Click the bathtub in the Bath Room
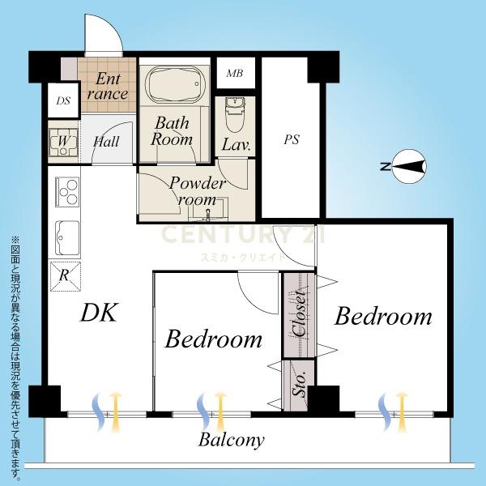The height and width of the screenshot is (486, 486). pos(176,85)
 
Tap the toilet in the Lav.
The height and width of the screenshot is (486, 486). pos(235,115)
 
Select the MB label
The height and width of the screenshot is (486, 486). pos(235,73)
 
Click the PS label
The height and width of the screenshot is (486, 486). pos(292,139)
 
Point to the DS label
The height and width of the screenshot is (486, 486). pos(63,100)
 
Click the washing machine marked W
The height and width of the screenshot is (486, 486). pos(63,142)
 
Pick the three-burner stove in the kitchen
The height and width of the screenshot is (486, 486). pos(67,192)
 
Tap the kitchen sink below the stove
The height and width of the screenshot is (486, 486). pos(67,238)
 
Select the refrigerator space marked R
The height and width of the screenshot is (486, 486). pos(66,276)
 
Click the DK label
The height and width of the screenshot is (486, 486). pos(99,313)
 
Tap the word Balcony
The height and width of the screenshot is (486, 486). pos(231,440)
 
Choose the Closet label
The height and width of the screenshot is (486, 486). pos(300,313)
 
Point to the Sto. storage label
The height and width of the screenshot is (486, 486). pos(300,384)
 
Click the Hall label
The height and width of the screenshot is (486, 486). pos(106,141)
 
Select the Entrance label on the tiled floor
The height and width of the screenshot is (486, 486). pos(107,86)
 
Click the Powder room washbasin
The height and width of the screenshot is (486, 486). pos(207,211)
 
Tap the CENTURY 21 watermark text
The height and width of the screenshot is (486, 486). pos(243,234)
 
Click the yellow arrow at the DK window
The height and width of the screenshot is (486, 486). pos(115,411)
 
